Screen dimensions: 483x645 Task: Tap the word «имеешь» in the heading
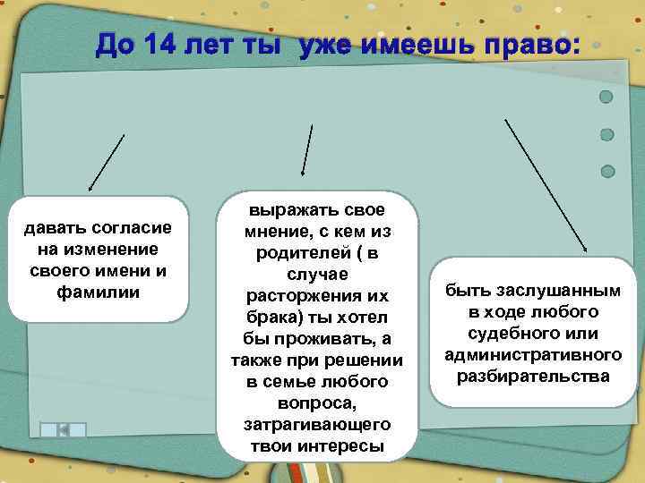click(x=408, y=43)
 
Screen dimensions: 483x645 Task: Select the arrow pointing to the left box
click(x=106, y=163)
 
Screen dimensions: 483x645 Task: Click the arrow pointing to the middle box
click(x=307, y=150)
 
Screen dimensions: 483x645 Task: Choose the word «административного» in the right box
click(x=532, y=355)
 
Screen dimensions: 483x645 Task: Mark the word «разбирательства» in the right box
click(x=533, y=376)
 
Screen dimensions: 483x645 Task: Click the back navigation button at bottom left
click(x=63, y=430)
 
